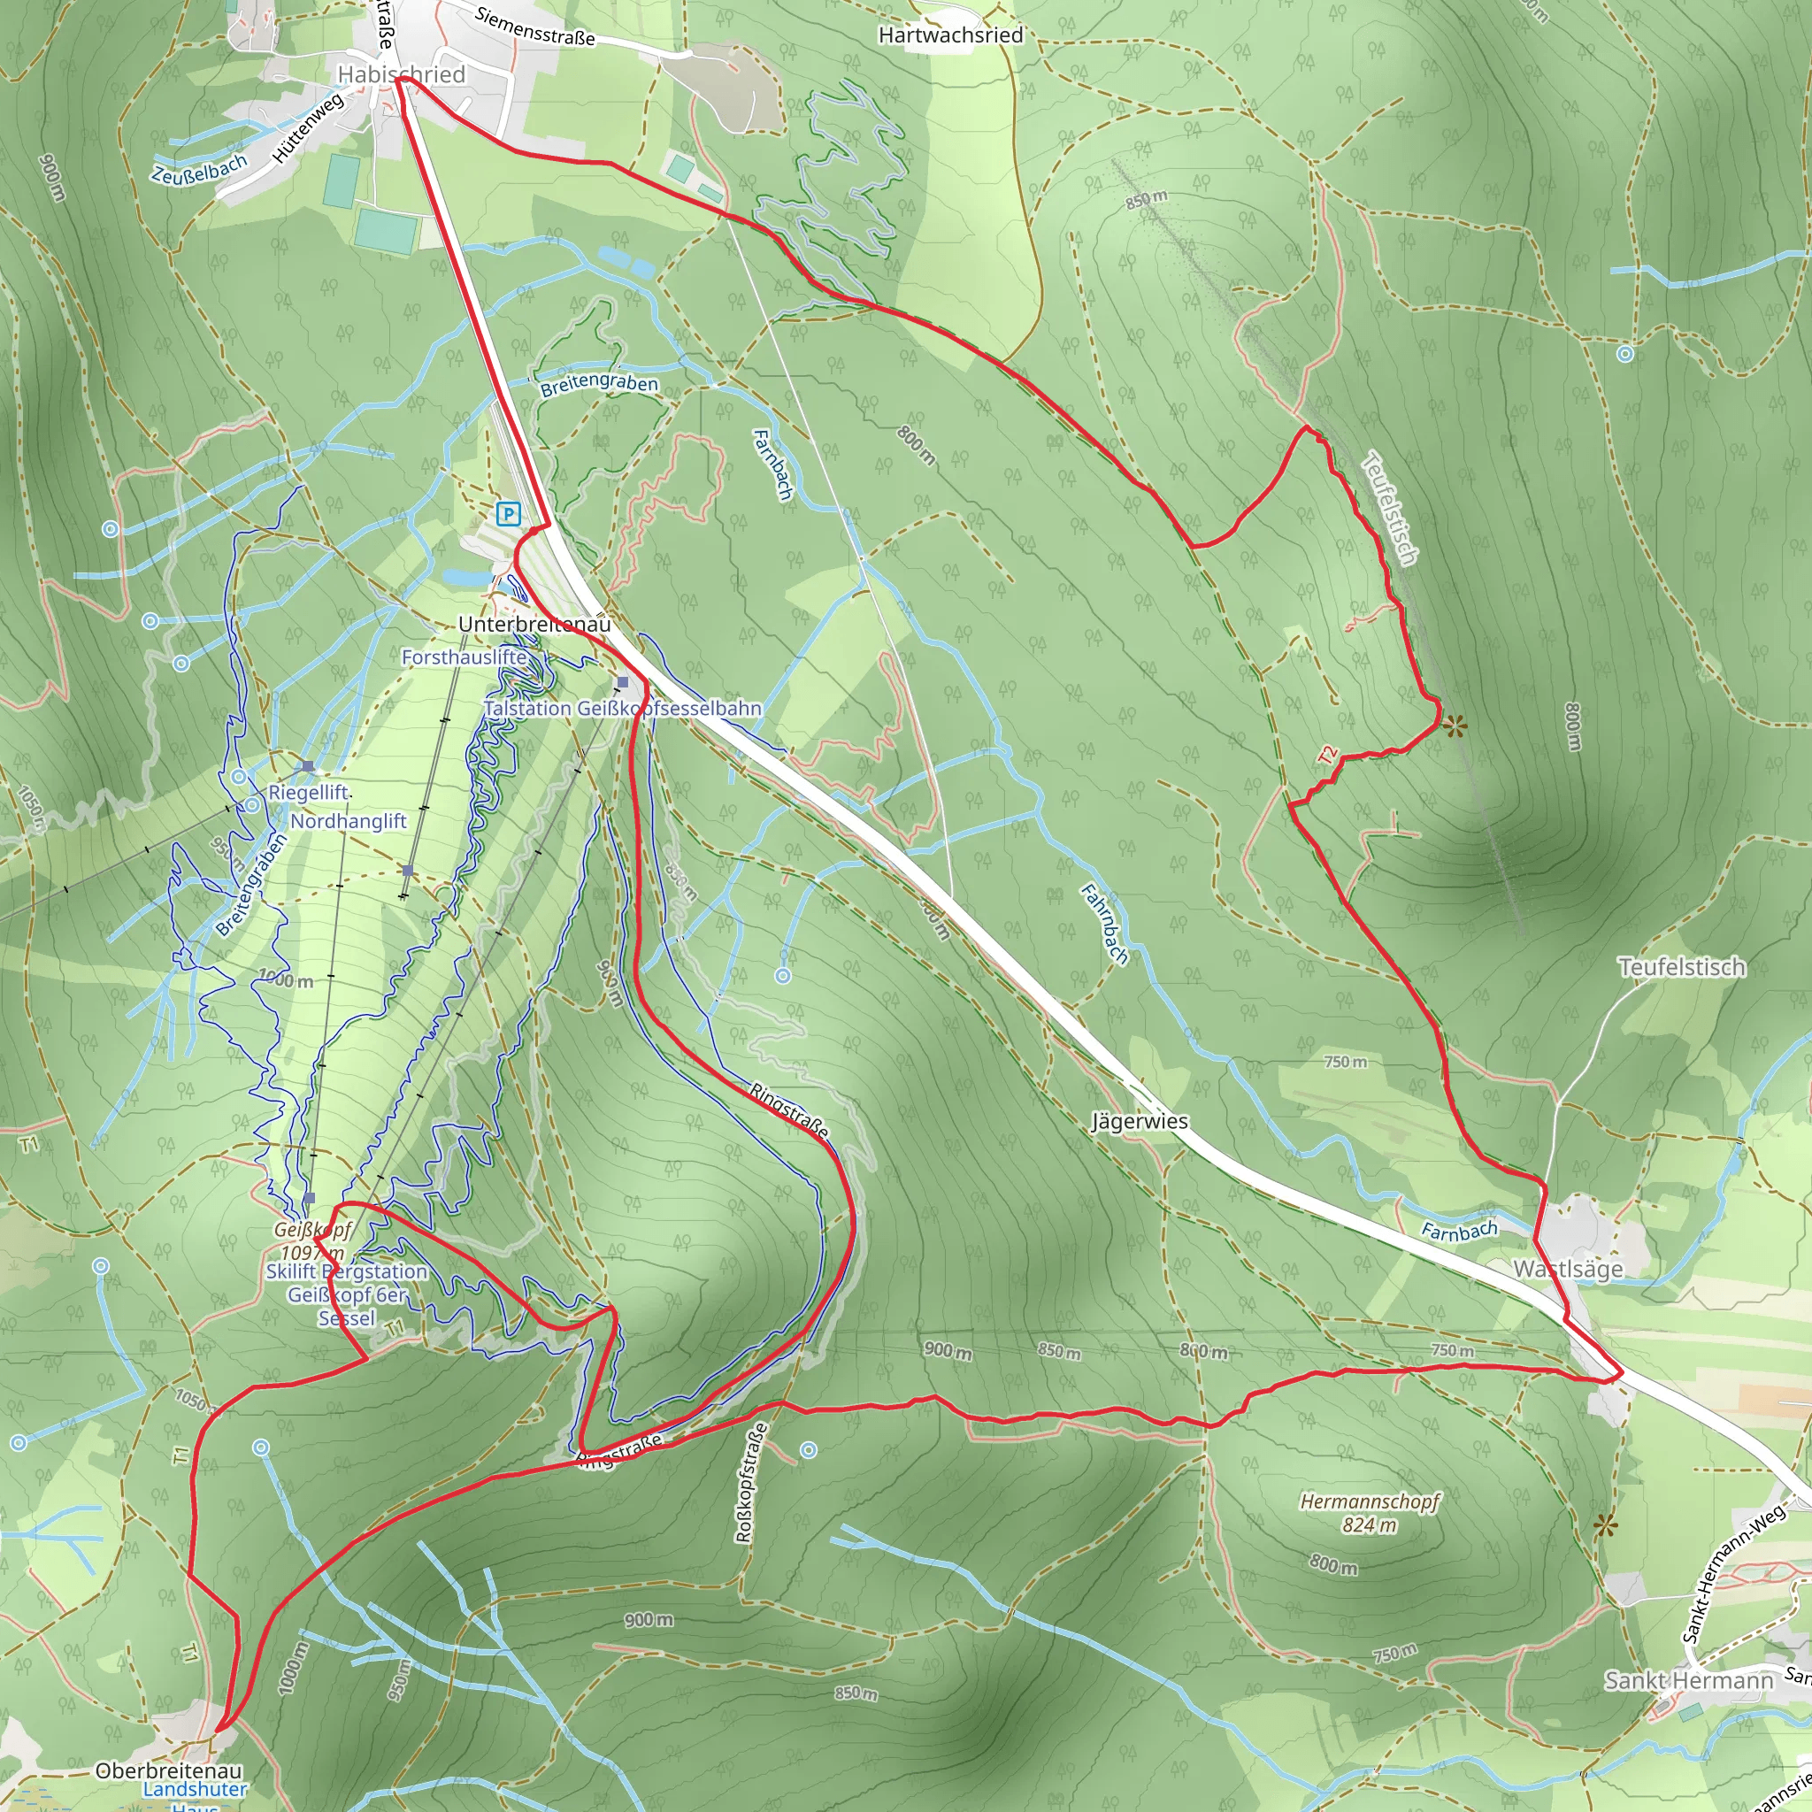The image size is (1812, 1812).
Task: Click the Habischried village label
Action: pos(401,74)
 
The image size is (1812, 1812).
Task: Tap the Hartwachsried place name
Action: pos(950,35)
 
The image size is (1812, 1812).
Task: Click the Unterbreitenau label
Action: pos(534,624)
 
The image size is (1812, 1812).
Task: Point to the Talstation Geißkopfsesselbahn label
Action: pos(623,708)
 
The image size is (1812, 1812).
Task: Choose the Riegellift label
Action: pos(309,793)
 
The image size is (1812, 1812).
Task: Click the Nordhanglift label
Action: pos(348,822)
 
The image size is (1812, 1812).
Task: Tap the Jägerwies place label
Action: pos(1140,1122)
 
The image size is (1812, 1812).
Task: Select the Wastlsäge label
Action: pos(1567,1270)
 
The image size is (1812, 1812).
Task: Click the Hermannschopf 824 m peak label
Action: pos(1370,1513)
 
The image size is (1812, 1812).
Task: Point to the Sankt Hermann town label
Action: pos(1688,1680)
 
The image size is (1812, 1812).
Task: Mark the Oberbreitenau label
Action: pos(169,1770)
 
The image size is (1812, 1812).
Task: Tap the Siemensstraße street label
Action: pos(534,27)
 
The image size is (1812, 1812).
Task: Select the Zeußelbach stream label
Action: pos(199,169)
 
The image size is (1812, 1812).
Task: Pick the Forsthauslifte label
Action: pos(465,657)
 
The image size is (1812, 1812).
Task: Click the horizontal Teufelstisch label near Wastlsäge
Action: pos(1682,967)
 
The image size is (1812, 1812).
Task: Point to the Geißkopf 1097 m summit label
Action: pos(313,1240)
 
